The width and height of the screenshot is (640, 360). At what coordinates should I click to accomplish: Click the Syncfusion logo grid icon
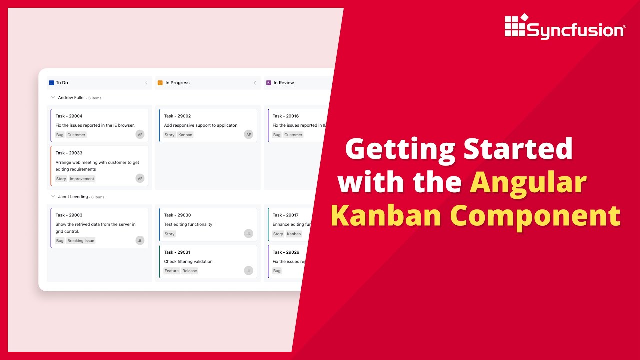(x=515, y=26)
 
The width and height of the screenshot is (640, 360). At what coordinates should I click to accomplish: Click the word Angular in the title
(x=528, y=182)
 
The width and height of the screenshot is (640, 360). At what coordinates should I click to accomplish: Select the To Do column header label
(x=62, y=83)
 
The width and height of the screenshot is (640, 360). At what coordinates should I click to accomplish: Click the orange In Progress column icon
(x=160, y=83)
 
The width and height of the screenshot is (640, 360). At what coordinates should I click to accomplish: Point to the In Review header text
(x=284, y=83)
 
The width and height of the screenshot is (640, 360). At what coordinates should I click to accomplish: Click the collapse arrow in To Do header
(x=146, y=83)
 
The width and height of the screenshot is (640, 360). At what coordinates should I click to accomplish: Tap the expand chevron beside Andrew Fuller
(x=53, y=97)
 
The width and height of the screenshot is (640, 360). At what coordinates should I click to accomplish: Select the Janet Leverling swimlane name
(x=73, y=197)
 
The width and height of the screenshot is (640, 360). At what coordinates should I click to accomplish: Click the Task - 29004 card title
(x=69, y=116)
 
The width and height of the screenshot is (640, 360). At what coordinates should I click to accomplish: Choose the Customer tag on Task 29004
(x=76, y=135)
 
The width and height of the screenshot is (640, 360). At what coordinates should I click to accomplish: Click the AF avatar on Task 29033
(x=140, y=178)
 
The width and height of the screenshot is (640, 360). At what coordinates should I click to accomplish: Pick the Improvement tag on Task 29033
(x=82, y=179)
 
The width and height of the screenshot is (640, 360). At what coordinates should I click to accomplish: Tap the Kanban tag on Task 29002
(x=185, y=135)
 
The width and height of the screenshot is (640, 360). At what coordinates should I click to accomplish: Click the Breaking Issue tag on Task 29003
(x=81, y=241)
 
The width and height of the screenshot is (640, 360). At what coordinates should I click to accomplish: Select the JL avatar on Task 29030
(x=248, y=233)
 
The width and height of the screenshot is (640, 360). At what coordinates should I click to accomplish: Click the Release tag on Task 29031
(x=190, y=271)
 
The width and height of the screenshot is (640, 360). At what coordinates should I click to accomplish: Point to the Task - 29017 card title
(x=286, y=215)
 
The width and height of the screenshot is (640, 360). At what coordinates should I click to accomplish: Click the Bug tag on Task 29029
(x=277, y=271)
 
